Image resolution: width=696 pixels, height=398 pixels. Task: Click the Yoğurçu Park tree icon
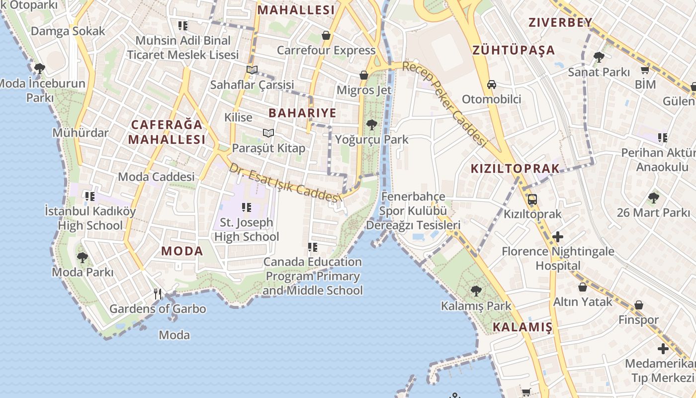(371, 124)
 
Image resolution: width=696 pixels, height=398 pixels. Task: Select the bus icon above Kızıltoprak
(532, 199)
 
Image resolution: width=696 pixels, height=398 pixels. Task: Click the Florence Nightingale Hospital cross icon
(558, 237)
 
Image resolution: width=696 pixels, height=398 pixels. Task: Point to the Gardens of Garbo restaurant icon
(158, 294)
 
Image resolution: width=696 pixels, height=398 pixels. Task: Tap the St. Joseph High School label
(247, 229)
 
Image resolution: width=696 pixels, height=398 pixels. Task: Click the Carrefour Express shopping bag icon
(326, 35)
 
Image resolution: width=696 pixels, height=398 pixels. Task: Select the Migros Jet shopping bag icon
(364, 75)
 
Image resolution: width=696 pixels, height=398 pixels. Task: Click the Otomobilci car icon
(491, 85)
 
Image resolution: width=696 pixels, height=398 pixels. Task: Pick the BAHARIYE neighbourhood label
(302, 113)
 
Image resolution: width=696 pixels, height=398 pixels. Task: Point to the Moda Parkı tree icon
(83, 258)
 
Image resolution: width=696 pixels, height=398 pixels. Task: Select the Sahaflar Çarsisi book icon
(252, 70)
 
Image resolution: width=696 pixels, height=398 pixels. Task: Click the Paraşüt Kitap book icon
(268, 133)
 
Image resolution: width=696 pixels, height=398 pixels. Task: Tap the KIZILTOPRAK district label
(515, 169)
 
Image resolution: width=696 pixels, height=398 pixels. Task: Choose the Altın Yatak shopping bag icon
(582, 287)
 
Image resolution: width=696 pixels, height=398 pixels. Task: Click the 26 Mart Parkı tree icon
(653, 198)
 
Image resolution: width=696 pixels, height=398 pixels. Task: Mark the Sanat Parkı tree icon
(599, 57)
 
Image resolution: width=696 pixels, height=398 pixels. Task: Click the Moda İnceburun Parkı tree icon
(39, 69)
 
